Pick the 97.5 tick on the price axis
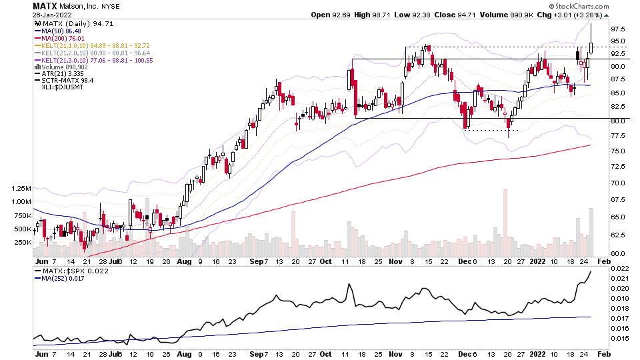pyautogui.click(x=617, y=29)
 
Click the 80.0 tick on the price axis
pyautogui.click(x=617, y=121)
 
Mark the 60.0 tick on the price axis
pyautogui.click(x=617, y=253)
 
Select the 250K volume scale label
pyautogui.click(x=22, y=243)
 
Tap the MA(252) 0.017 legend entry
pyautogui.click(x=64, y=281)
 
